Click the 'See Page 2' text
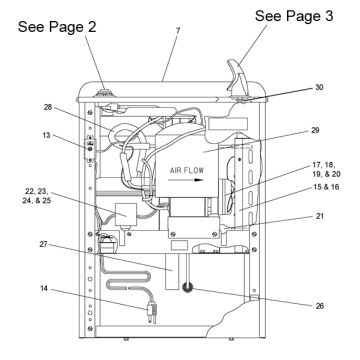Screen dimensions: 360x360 tap(57, 27)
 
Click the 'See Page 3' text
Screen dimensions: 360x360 tap(294, 16)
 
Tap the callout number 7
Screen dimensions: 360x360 tap(178, 31)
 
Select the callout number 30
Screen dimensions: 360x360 tap(319, 87)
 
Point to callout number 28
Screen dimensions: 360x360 tap(48, 107)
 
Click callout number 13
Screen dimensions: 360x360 tap(47, 136)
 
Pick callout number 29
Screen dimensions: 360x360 tap(315, 130)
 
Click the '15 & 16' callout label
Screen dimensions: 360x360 tap(326, 187)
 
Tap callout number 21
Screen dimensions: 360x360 tap(320, 216)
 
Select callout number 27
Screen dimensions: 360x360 tap(44, 244)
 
